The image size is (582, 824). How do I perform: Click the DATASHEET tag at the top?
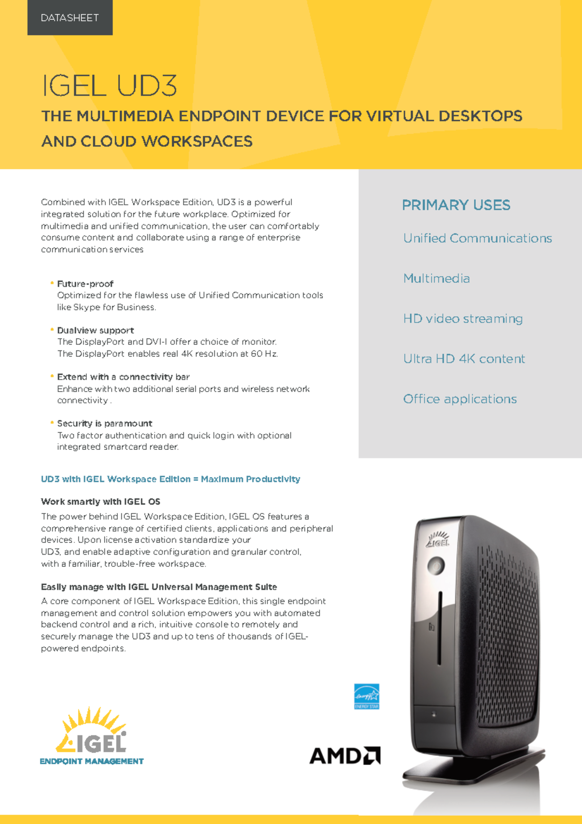point(70,18)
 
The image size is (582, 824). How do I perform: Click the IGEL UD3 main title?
point(110,85)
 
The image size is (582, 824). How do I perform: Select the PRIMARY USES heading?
point(456,205)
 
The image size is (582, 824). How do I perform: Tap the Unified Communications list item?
point(477,238)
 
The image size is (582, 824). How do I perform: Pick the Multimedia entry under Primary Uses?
point(436,279)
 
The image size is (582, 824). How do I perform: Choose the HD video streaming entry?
point(463,319)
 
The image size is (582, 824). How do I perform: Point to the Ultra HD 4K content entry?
point(464,359)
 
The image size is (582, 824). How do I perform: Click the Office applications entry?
point(460,399)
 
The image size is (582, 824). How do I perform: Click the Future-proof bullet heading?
point(85,284)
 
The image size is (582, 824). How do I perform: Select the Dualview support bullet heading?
point(96,330)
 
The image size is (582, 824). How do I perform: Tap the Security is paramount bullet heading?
point(105,424)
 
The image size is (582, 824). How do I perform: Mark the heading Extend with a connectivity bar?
point(123,377)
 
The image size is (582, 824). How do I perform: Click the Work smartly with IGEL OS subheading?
point(100,502)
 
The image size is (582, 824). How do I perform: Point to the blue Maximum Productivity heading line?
point(170,479)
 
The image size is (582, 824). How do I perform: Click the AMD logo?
point(344,756)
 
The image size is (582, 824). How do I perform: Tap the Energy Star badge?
point(367,696)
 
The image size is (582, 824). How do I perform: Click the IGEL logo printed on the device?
point(438,540)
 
